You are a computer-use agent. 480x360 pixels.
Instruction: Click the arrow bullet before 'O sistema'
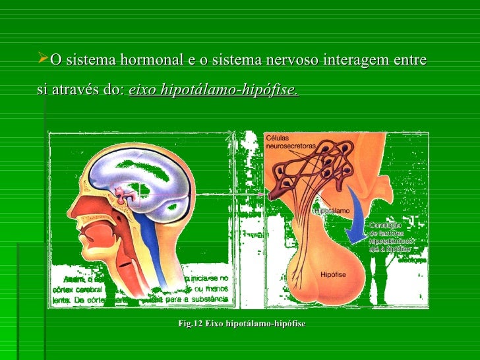tap(44, 61)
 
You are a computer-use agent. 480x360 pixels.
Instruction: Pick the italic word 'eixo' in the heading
tap(140, 90)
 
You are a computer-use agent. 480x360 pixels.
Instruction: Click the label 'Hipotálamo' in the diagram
tap(332, 211)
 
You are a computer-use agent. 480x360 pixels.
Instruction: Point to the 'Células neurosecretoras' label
tap(290, 142)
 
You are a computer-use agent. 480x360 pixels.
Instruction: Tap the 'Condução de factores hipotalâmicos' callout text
tap(390, 237)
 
